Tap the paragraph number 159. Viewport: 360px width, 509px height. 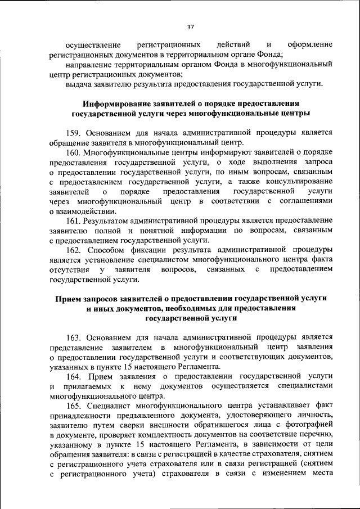click(x=75, y=133)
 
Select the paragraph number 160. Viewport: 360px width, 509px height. click(x=75, y=153)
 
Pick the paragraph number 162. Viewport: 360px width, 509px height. click(x=75, y=250)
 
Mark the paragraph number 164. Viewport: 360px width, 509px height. click(x=75, y=376)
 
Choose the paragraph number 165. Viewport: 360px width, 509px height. click(x=75, y=407)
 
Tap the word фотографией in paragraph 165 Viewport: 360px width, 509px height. click(x=309, y=426)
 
